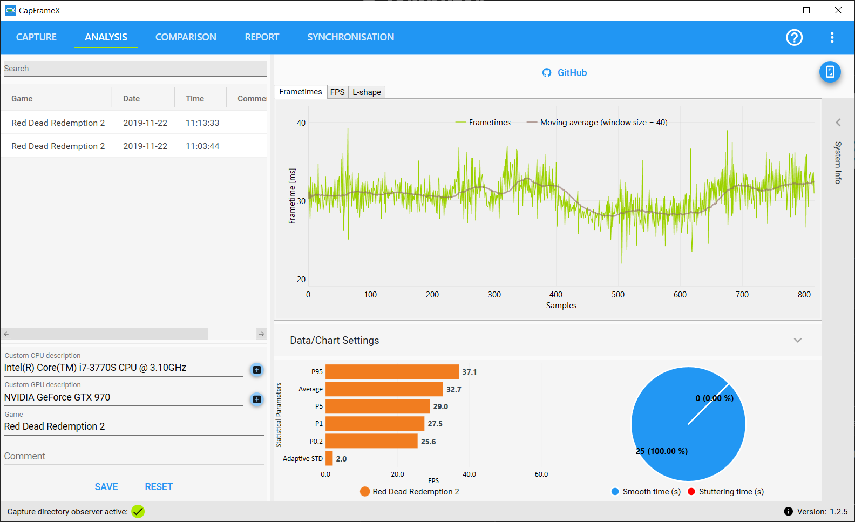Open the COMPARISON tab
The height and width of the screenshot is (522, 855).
coord(186,37)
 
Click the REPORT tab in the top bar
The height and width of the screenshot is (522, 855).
coord(262,37)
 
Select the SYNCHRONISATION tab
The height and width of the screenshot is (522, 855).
coord(350,37)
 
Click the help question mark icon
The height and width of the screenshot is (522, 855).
coord(795,37)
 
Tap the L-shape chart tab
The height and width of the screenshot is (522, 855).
coord(367,92)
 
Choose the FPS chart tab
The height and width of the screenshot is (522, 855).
coord(337,92)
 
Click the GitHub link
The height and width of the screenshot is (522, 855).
coord(565,72)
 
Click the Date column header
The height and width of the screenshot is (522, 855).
coord(131,99)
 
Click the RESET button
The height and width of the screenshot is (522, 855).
coord(159,487)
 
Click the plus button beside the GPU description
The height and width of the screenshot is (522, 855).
coord(257,399)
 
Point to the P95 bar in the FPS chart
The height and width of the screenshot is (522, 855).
coord(392,371)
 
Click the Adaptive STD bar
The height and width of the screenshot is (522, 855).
coord(329,459)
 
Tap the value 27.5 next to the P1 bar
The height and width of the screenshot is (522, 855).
coord(435,424)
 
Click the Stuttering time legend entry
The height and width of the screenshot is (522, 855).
coord(725,491)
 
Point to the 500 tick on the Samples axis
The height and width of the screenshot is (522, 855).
coord(618,294)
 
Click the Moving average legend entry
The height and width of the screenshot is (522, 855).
coord(597,123)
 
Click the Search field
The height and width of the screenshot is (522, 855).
coord(135,69)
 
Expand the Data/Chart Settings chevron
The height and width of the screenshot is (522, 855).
coord(798,340)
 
